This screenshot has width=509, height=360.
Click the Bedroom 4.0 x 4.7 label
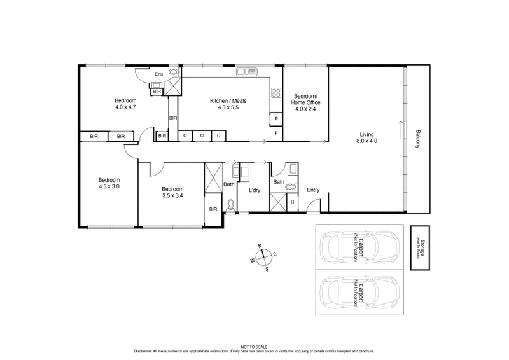pyautogui.click(x=125, y=104)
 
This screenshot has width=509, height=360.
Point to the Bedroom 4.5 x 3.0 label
pyautogui.click(x=108, y=182)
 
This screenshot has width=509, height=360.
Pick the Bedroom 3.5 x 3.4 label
pyautogui.click(x=172, y=192)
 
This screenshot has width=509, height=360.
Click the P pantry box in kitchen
pyautogui.click(x=277, y=119)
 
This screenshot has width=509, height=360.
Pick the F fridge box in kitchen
pyautogui.click(x=277, y=133)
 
